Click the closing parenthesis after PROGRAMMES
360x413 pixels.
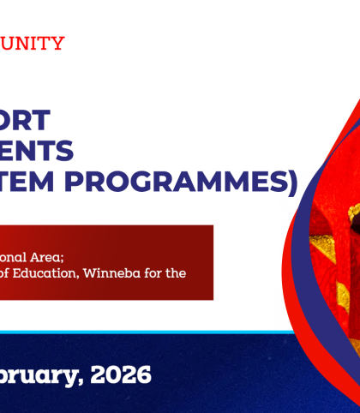click(x=292, y=183)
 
